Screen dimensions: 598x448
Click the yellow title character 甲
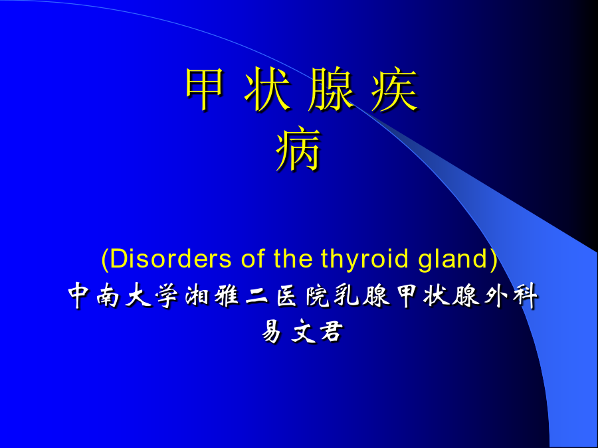[x=204, y=88]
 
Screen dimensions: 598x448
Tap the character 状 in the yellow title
[x=266, y=88]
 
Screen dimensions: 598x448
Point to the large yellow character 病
[x=298, y=149]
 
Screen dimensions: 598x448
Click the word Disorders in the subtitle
[x=171, y=259]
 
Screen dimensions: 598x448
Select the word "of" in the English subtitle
[x=253, y=259]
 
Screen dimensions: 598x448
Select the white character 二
[x=256, y=297]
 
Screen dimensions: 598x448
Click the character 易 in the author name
[x=272, y=331]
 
